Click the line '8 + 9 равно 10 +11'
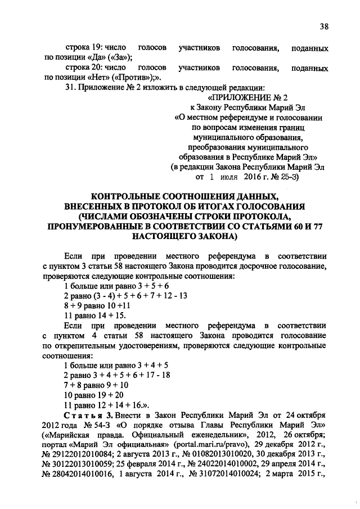coord(97,305)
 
